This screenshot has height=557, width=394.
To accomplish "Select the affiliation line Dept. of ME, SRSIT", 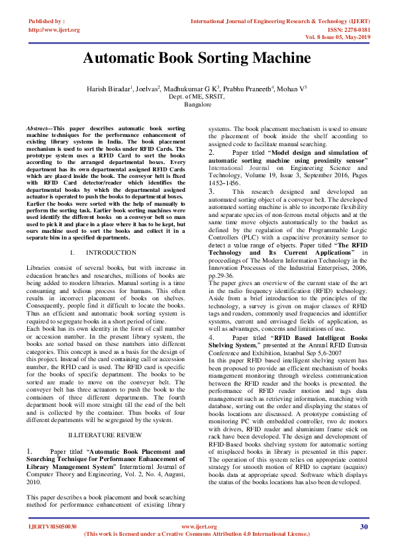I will click(197, 97).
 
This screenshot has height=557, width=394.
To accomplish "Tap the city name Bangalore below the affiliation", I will click(197, 105).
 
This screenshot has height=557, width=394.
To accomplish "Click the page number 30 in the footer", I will click(364, 527).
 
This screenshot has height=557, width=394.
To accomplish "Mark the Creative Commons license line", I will click(197, 534).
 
